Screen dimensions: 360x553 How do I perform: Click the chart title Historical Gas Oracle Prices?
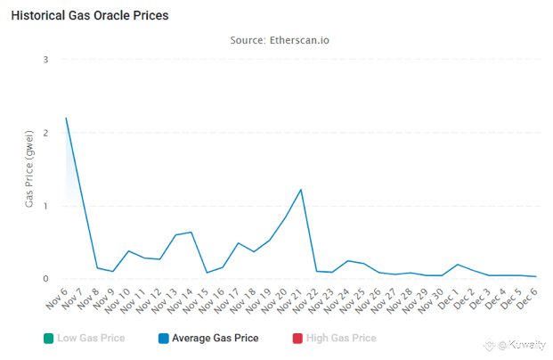89,16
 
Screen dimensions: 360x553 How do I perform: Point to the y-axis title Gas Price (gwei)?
29,169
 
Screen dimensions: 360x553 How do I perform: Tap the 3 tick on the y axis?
45,59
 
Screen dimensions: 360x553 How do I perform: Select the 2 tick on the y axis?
45,132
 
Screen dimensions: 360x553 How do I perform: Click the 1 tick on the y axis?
45,206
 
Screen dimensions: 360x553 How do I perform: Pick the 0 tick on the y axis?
45,279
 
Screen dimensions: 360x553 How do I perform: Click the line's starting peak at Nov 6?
67,118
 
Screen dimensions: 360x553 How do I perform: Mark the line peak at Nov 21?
301,190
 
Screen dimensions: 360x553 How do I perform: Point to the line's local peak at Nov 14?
191,233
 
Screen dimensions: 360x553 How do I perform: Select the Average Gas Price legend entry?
215,339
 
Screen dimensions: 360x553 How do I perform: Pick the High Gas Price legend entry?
337,339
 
